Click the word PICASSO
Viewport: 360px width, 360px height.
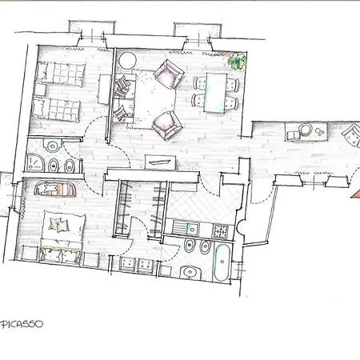pos(22,324)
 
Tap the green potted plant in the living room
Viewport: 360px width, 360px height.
pos(237,62)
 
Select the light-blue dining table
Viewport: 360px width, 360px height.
pos(215,92)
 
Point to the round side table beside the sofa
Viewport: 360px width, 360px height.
pos(127,61)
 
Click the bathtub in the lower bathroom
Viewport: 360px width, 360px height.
pos(222,262)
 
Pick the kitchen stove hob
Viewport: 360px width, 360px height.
pos(220,231)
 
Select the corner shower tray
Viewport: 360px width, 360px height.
pos(35,163)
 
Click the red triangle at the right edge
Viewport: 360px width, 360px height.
pos(356,194)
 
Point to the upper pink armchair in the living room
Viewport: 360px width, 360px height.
pos(170,74)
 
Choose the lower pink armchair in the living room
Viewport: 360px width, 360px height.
pos(167,125)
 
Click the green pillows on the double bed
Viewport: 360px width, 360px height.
pos(58,225)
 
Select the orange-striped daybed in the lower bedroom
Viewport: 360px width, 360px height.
pos(55,189)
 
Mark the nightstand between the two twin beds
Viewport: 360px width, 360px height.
pos(40,90)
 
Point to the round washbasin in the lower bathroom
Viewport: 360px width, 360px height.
pos(190,273)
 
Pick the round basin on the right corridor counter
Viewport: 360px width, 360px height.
pos(305,130)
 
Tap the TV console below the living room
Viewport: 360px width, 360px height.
pos(160,162)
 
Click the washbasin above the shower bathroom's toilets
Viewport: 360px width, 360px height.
pos(53,146)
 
